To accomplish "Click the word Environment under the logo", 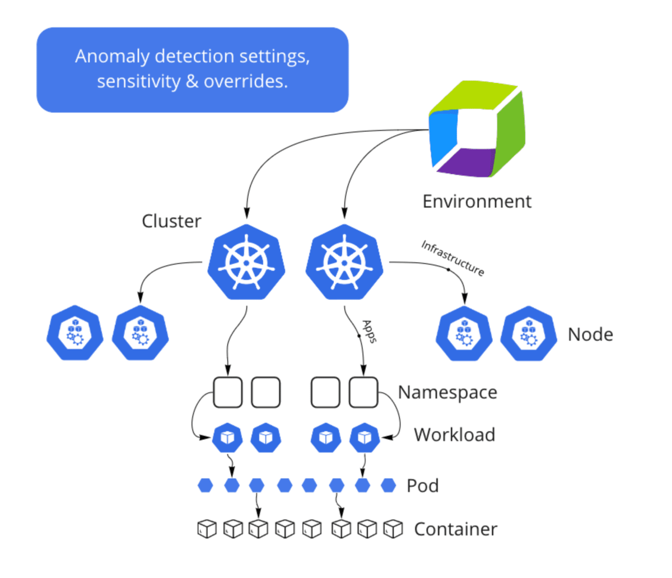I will (477, 201).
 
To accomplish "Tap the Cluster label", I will (171, 221).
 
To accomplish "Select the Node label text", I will (590, 334).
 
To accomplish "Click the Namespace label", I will (447, 392).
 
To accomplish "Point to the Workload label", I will (454, 435).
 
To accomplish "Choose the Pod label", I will (422, 486).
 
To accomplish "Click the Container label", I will (455, 529).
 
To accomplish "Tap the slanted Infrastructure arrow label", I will (452, 258).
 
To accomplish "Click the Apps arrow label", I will (368, 331).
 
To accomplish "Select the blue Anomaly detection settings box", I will (193, 69).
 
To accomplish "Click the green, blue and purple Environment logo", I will (477, 129).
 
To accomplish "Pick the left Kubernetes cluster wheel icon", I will (246, 262).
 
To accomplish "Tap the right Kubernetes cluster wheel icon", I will (344, 262).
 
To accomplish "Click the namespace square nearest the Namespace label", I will (364, 392).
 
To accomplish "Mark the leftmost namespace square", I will (227, 392).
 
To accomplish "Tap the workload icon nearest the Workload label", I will (365, 437).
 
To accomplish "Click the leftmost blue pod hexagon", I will (206, 486).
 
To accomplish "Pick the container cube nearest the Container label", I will (393, 529).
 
